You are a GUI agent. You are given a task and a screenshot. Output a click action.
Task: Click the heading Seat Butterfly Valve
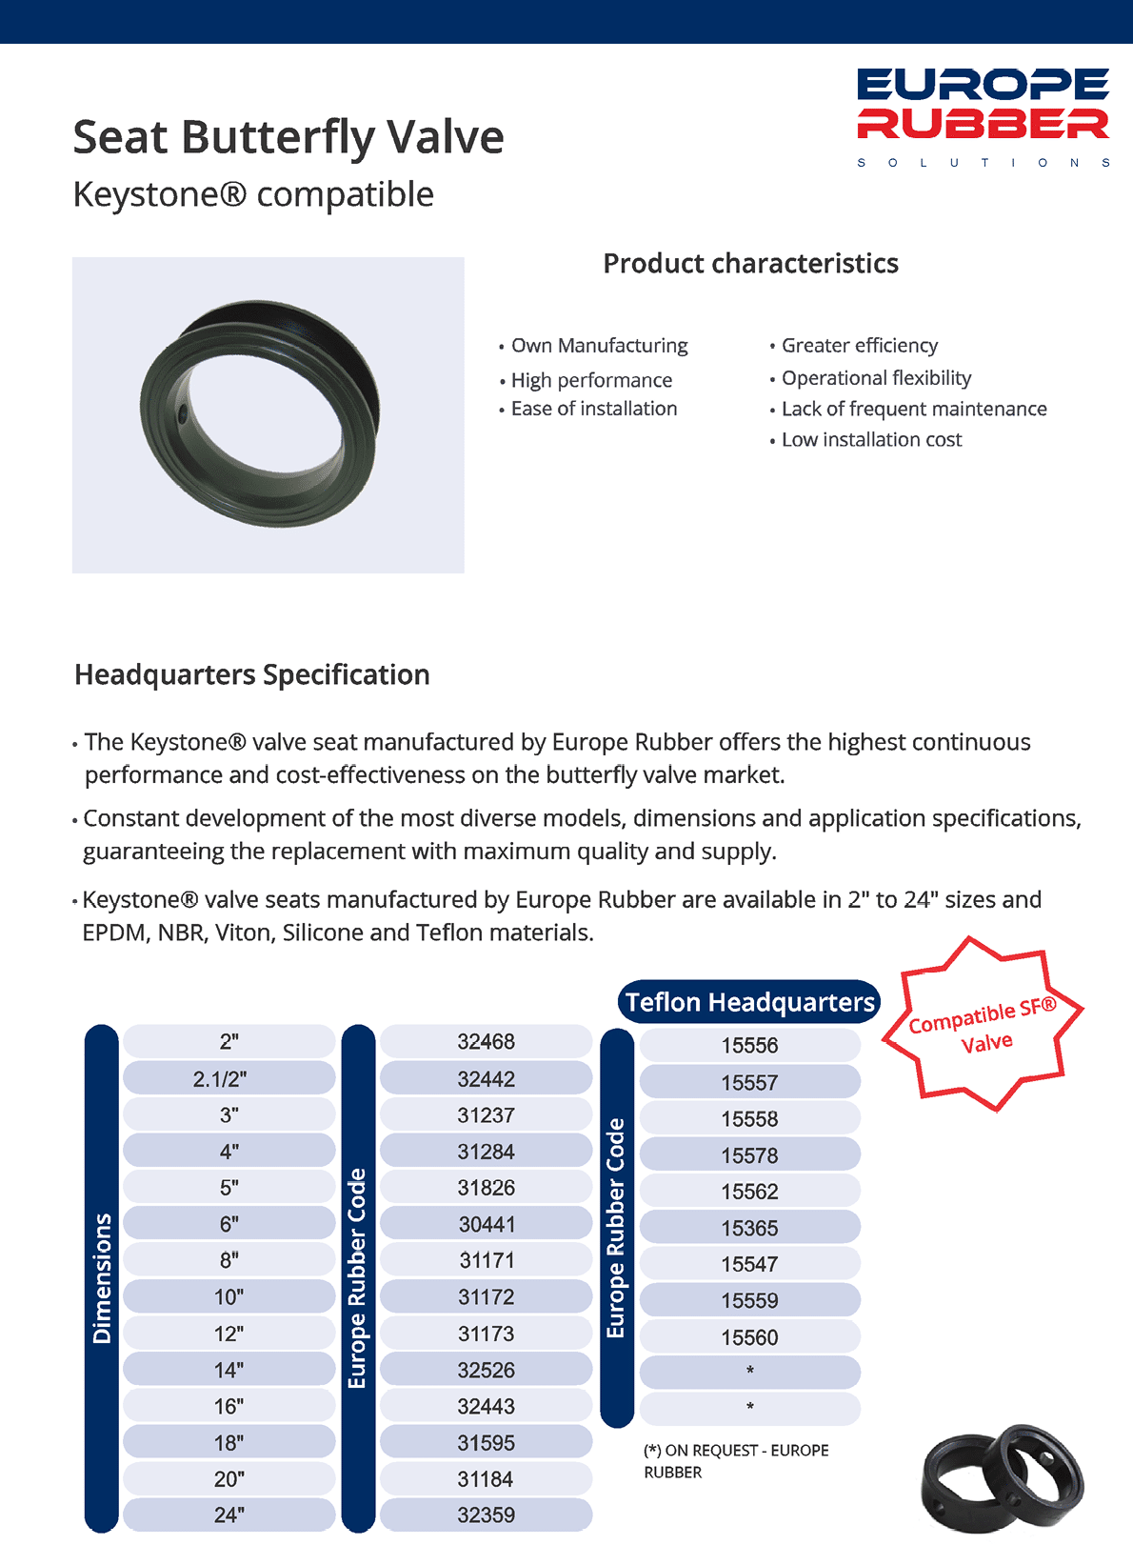point(288,137)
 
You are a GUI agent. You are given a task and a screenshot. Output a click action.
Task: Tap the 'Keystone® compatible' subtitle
point(253,194)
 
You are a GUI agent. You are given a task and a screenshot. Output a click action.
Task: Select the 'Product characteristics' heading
point(750,264)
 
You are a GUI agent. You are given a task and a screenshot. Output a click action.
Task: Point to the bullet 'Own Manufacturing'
point(599,346)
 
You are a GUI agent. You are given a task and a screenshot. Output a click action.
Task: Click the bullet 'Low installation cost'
point(871,440)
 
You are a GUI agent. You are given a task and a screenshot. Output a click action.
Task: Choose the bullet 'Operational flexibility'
point(876,378)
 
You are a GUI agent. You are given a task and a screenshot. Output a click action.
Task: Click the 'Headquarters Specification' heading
point(252,675)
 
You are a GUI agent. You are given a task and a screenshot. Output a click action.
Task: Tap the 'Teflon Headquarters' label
point(749,1002)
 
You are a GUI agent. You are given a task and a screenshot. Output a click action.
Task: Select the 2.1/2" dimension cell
point(229,1078)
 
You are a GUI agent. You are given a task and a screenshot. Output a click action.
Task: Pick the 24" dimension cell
point(229,1515)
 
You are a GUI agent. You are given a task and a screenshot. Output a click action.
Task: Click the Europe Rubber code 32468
point(486,1042)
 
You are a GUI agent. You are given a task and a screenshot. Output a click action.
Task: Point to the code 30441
point(486,1224)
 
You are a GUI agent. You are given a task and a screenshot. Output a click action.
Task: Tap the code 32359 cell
point(486,1515)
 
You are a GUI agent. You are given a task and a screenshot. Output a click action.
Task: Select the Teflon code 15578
point(749,1155)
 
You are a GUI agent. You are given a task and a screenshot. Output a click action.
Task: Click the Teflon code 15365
point(749,1229)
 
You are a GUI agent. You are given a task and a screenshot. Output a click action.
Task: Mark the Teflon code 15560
point(749,1337)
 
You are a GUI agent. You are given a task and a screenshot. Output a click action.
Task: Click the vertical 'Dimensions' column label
point(102,1278)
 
